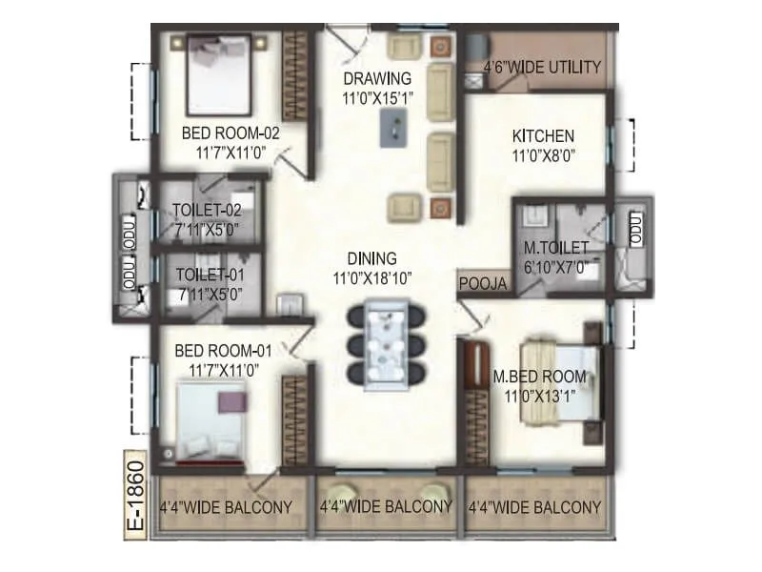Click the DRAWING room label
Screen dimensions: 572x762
[x=378, y=78]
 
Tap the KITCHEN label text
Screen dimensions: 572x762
[x=543, y=134]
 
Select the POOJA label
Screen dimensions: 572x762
[x=477, y=284]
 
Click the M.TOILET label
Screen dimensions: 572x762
[x=556, y=250]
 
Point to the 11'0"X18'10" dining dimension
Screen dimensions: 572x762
[x=378, y=278]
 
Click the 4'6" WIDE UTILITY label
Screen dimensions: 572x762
[x=542, y=67]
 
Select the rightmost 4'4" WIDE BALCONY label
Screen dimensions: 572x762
[x=534, y=507]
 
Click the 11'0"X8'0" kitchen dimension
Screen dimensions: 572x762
[x=543, y=154]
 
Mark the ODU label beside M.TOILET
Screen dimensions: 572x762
[x=634, y=227]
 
